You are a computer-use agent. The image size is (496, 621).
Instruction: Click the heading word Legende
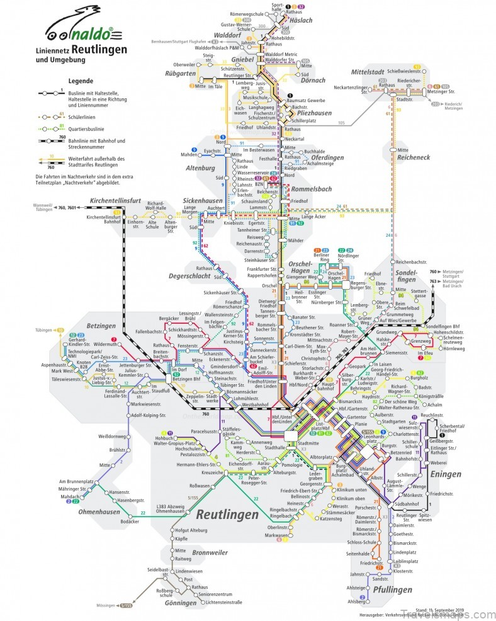pyautogui.click(x=81, y=81)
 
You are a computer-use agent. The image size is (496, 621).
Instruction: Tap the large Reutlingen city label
pyautogui.click(x=227, y=515)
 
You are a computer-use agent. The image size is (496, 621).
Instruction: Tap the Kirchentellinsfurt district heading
pyautogui.click(x=123, y=201)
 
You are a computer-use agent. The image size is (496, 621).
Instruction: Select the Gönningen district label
pyautogui.click(x=183, y=602)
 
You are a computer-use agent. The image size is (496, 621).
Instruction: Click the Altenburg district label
pyautogui.click(x=201, y=169)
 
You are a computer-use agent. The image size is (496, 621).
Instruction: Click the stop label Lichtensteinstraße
pyautogui.click(x=215, y=603)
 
